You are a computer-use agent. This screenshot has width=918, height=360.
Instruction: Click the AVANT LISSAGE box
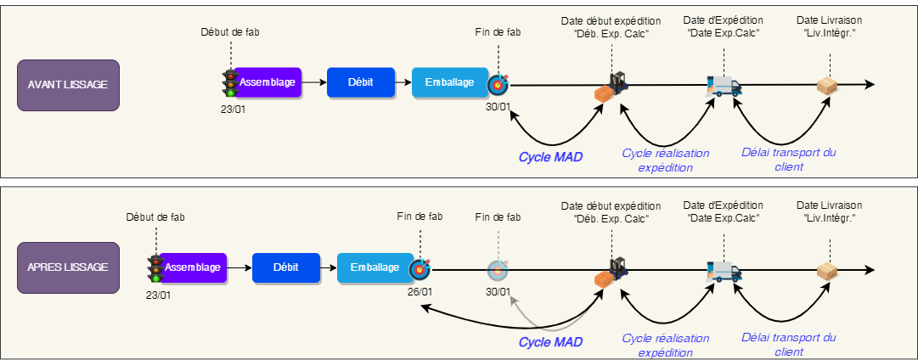67,85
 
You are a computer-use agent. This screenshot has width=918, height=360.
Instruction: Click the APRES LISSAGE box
67,267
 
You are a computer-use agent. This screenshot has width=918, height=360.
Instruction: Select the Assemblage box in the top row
267,83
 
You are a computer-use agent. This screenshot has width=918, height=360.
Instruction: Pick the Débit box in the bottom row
286,267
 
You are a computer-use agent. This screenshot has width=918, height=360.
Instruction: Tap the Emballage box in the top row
449,83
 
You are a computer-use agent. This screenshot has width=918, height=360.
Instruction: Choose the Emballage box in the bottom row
375,267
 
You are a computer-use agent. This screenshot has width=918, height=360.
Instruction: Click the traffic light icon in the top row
229,83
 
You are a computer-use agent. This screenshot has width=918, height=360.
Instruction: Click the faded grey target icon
498,270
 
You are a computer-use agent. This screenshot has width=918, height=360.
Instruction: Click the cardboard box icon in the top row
827,85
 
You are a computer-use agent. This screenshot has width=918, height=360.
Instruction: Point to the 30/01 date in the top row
498,107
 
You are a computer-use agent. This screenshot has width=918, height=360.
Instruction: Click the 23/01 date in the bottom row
158,295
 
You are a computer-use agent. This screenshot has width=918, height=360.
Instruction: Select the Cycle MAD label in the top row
550,157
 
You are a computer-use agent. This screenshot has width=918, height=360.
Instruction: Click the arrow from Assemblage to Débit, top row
314,83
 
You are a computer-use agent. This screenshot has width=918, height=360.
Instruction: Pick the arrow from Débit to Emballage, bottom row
328,267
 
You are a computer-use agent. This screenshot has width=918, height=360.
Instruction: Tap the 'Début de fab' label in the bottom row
155,217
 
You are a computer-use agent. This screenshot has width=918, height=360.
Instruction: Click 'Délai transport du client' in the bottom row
789,345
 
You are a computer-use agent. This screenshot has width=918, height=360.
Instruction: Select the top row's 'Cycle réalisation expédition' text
666,160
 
